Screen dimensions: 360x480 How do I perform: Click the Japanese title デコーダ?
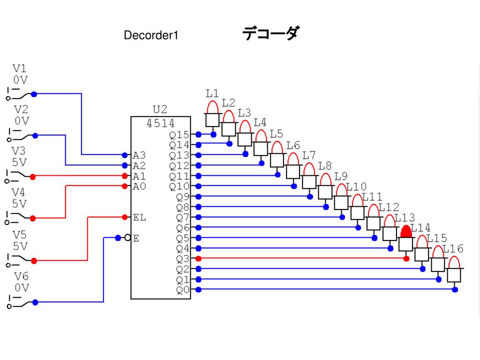(x=270, y=34)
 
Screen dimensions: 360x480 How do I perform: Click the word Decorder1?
(x=151, y=35)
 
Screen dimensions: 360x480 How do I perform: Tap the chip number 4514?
(x=160, y=123)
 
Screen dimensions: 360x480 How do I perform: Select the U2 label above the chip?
(x=160, y=110)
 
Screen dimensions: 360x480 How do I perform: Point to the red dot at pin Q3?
(x=198, y=258)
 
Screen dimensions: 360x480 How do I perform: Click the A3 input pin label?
(x=139, y=155)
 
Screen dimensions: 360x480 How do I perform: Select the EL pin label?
(x=139, y=217)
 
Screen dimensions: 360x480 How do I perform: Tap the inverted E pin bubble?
(x=127, y=238)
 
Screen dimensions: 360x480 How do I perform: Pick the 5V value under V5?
(x=20, y=246)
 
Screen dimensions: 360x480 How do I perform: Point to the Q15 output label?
(x=180, y=135)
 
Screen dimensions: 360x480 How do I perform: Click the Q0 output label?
(x=182, y=290)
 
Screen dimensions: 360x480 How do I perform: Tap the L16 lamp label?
(x=453, y=249)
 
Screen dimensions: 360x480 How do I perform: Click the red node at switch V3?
(x=33, y=177)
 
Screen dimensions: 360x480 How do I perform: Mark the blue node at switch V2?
(x=35, y=135)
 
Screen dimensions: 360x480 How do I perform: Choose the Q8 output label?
(x=182, y=207)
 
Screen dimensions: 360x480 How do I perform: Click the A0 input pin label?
(x=139, y=186)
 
